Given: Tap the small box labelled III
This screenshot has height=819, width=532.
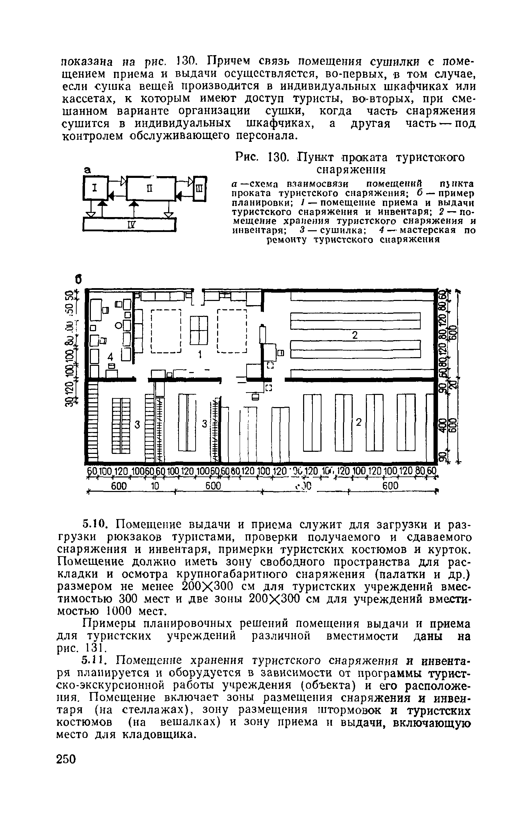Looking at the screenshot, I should click(x=199, y=189).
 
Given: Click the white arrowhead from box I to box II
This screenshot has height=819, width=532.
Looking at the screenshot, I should click(x=123, y=180).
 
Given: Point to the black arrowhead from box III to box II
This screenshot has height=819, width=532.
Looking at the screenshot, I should click(x=179, y=197).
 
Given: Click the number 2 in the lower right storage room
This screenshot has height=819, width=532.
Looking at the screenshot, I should click(x=359, y=422).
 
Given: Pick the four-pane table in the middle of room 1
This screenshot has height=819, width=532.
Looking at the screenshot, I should click(x=199, y=330).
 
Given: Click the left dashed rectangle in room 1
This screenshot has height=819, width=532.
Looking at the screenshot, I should click(x=166, y=331).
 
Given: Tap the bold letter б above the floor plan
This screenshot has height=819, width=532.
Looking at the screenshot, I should click(x=79, y=279).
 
